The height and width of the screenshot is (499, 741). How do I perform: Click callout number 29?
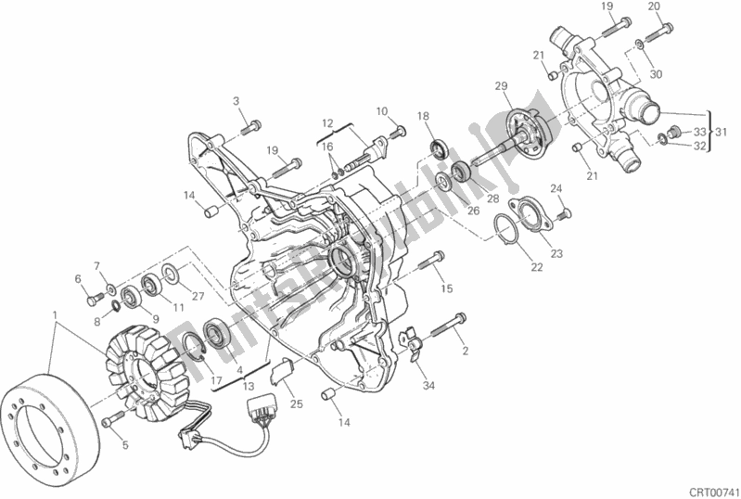tap(502, 86)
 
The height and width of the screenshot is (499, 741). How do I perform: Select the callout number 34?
tap(428, 386)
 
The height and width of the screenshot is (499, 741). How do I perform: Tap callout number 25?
tap(296, 404)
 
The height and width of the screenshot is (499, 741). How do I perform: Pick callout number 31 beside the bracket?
tap(721, 133)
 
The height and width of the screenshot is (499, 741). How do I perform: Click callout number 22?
tap(536, 267)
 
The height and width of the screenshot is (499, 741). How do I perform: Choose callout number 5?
tap(125, 444)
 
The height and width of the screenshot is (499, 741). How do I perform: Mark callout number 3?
tap(236, 101)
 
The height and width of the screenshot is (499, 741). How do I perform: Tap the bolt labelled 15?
tap(432, 261)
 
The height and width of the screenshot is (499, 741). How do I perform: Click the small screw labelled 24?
tap(562, 215)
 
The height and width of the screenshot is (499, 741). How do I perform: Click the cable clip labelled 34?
tap(411, 343)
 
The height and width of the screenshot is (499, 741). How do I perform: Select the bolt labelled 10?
tap(397, 133)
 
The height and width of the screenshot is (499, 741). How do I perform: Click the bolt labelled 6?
tap(95, 299)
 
